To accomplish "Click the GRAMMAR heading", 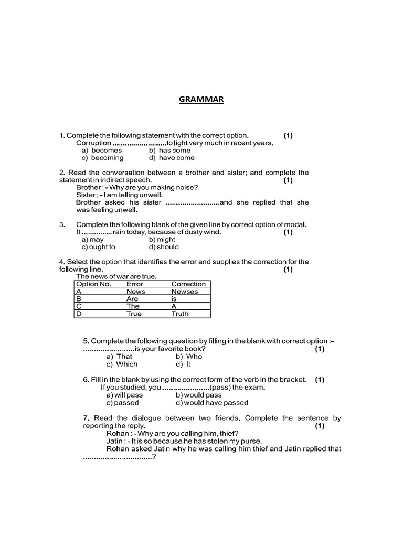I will point(201,99).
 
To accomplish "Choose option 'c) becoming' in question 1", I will point(102,158).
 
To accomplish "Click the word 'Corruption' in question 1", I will point(93,143).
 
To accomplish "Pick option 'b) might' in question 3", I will point(162,240).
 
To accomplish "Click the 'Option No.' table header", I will point(94,284).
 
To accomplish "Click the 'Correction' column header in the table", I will point(188,284).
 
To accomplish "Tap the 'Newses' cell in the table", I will point(184,292).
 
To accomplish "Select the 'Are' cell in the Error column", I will point(132,299).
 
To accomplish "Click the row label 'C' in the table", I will point(79,306).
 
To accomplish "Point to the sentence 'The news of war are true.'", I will point(116,276).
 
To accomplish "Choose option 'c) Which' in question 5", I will point(122,364).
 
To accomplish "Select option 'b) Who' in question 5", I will point(189,356).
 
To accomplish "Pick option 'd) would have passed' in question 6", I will point(212,403).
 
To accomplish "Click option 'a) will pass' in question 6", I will point(124,395).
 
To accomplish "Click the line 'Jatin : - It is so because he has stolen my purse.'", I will point(184,441).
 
